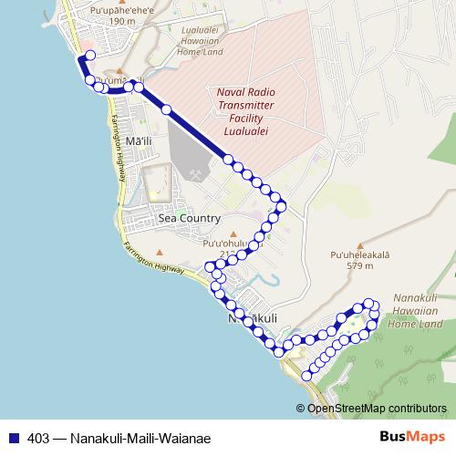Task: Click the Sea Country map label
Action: pos(189,218)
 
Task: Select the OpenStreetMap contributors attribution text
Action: pos(378,408)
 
